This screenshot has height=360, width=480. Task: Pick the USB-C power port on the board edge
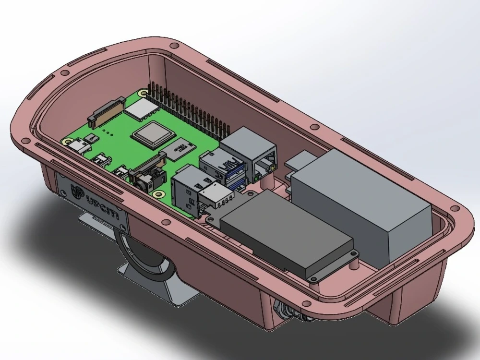tap(76, 147)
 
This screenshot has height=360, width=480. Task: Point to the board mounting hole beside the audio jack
tap(157, 193)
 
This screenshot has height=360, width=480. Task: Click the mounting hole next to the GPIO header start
tap(143, 92)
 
